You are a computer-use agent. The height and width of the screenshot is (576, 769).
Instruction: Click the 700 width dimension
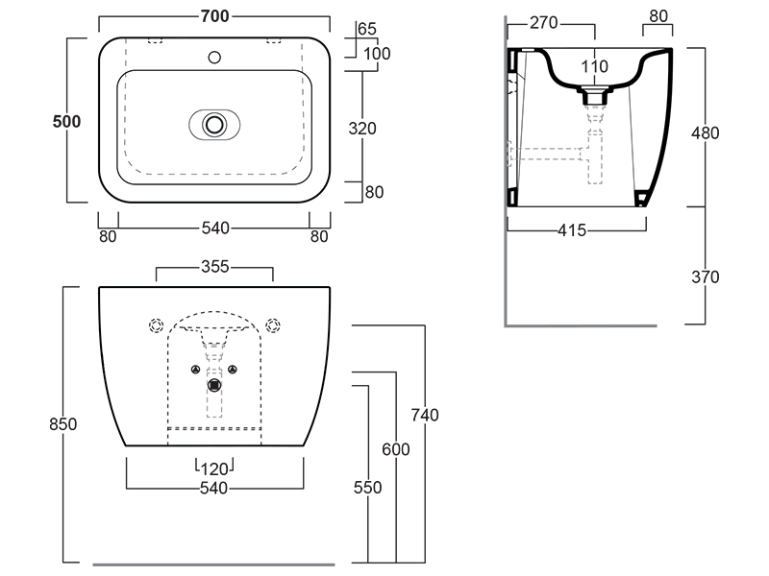click(214, 16)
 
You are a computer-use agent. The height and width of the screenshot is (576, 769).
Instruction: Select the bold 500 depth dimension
click(66, 121)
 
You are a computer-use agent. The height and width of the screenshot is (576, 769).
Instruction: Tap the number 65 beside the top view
click(367, 29)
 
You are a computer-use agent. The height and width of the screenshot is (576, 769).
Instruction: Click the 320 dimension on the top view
click(362, 128)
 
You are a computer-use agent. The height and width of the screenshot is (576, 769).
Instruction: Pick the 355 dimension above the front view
click(214, 267)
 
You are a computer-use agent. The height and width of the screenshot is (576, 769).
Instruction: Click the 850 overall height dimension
click(62, 423)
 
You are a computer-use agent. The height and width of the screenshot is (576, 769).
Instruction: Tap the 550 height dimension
click(367, 488)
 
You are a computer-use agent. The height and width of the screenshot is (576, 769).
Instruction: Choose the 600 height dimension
click(396, 449)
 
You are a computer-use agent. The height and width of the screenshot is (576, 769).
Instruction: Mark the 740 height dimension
click(424, 415)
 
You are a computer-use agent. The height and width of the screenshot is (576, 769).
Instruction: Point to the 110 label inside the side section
click(596, 66)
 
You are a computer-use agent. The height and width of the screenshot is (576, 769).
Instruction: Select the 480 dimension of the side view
click(706, 132)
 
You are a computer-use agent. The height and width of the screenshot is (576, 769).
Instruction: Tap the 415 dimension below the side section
click(576, 230)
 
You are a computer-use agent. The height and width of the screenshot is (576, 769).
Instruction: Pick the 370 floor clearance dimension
click(706, 276)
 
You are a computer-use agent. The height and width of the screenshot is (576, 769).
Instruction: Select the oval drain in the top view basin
click(214, 124)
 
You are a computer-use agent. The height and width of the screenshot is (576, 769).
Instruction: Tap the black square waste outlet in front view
click(215, 385)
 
